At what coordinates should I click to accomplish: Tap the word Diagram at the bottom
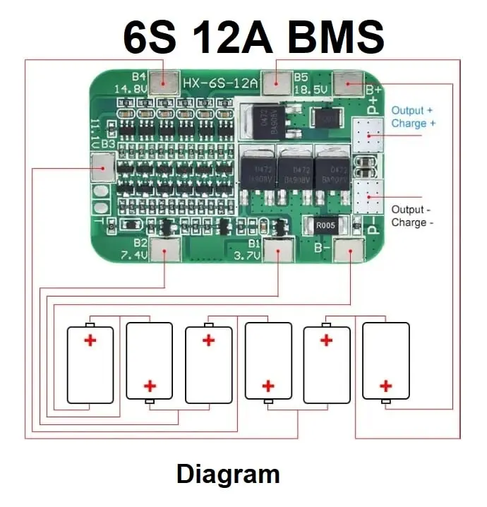point(228,474)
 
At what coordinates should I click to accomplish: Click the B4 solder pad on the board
point(168,83)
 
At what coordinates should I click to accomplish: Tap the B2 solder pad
point(167,250)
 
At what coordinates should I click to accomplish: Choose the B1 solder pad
point(277,250)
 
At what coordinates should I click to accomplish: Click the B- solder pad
point(349,251)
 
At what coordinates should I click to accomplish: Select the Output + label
point(412,110)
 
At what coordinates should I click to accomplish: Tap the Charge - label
point(412,222)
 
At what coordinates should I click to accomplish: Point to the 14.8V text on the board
point(131,90)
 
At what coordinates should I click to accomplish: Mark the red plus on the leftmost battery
point(90,340)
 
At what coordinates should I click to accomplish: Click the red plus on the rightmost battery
point(385,386)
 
